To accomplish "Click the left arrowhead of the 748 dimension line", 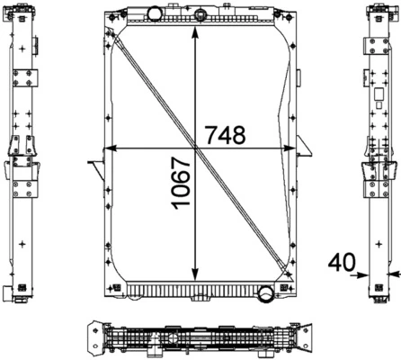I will tap(110, 147).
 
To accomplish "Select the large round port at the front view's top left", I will tap(152, 13).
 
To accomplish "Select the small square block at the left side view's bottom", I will tap(10, 293).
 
